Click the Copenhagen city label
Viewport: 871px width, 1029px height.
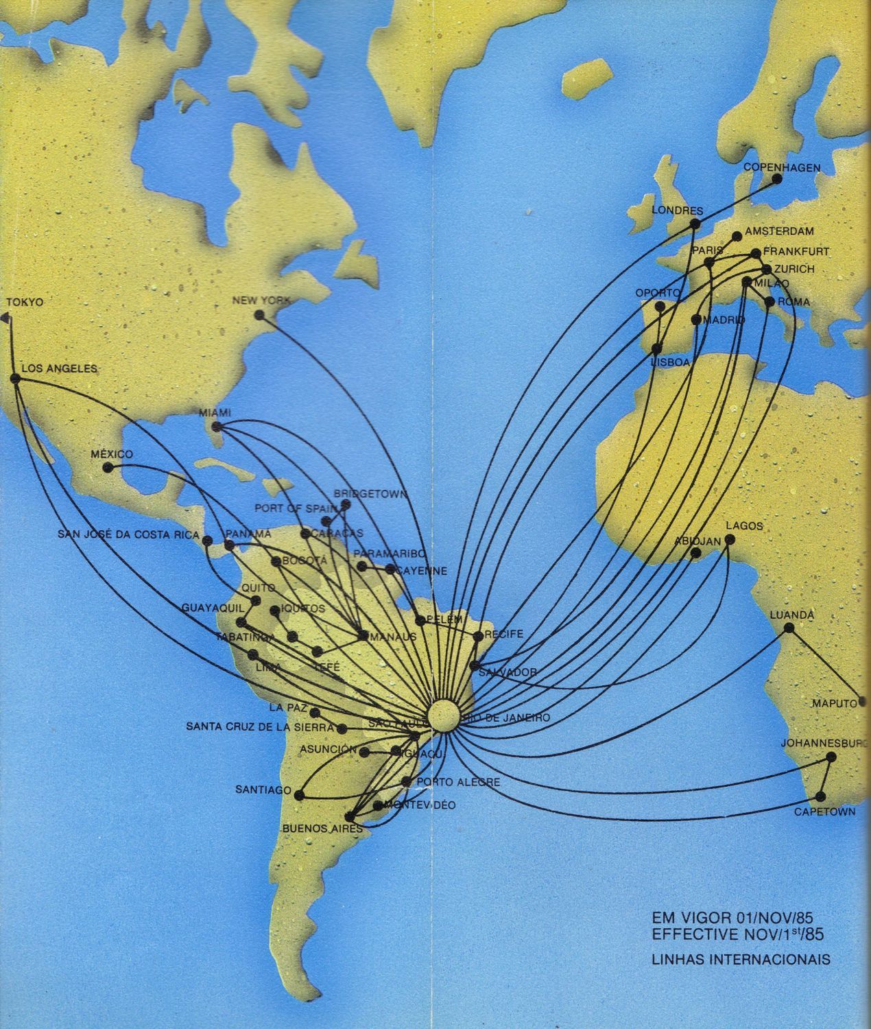point(782,167)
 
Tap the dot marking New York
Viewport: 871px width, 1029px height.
point(259,315)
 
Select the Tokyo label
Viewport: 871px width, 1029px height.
point(25,302)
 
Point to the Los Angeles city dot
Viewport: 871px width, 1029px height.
point(15,378)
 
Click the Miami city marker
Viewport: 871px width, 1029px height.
point(217,427)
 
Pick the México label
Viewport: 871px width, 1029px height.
point(112,454)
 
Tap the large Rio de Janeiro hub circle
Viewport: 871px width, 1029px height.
point(443,715)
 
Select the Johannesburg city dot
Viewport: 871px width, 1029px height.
point(831,757)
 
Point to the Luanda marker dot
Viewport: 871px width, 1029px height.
point(789,628)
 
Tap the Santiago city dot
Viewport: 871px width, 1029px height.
point(298,795)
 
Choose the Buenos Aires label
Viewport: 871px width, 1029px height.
point(322,828)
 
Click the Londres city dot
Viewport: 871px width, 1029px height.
point(696,224)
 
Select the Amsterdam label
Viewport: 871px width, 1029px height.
point(778,230)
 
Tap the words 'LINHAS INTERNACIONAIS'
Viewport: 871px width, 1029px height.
point(741,959)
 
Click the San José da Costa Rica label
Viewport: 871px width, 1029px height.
point(128,534)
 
